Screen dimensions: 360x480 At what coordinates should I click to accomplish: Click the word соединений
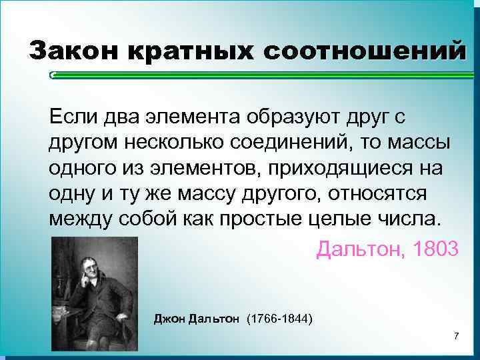pyautogui.click(x=293, y=143)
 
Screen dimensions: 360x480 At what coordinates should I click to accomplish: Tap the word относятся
pyautogui.click(x=407, y=193)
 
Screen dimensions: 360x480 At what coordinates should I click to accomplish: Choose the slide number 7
pyautogui.click(x=456, y=335)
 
